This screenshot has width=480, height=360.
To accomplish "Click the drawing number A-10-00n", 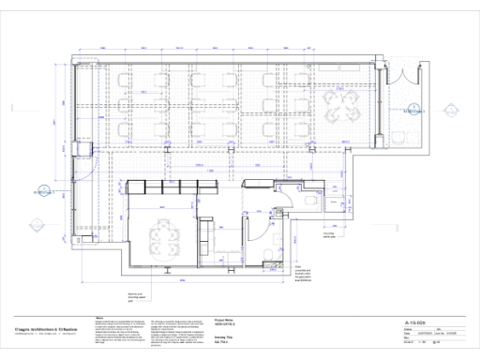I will click(413, 319).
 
